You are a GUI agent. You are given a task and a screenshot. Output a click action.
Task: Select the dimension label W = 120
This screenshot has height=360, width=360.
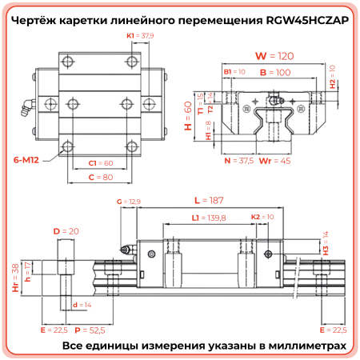coord(268,56)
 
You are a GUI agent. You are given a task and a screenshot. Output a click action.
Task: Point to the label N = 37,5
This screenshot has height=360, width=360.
coord(240,160)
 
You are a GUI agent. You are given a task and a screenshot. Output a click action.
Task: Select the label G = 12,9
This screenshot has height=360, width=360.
coord(129,202)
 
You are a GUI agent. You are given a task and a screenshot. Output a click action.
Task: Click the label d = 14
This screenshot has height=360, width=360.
coord(81,305)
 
